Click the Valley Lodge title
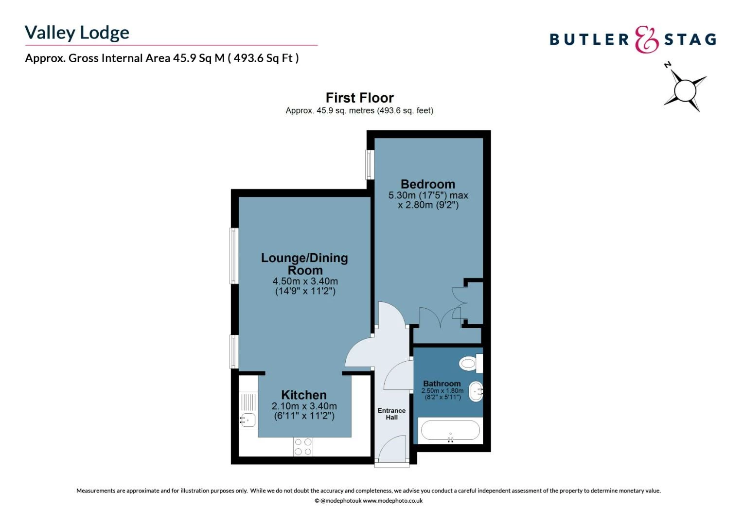(x=77, y=33)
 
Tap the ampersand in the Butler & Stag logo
(x=646, y=39)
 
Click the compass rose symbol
(x=685, y=89)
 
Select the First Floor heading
(x=359, y=98)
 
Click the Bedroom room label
(x=428, y=184)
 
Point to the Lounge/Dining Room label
(x=304, y=264)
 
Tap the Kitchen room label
(x=304, y=395)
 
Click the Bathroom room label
(x=442, y=384)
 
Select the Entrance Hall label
(x=391, y=414)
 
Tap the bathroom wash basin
(x=476, y=391)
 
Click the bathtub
(x=450, y=431)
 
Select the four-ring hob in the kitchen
(x=303, y=447)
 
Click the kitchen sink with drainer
(x=248, y=411)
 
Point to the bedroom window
(x=370, y=164)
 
